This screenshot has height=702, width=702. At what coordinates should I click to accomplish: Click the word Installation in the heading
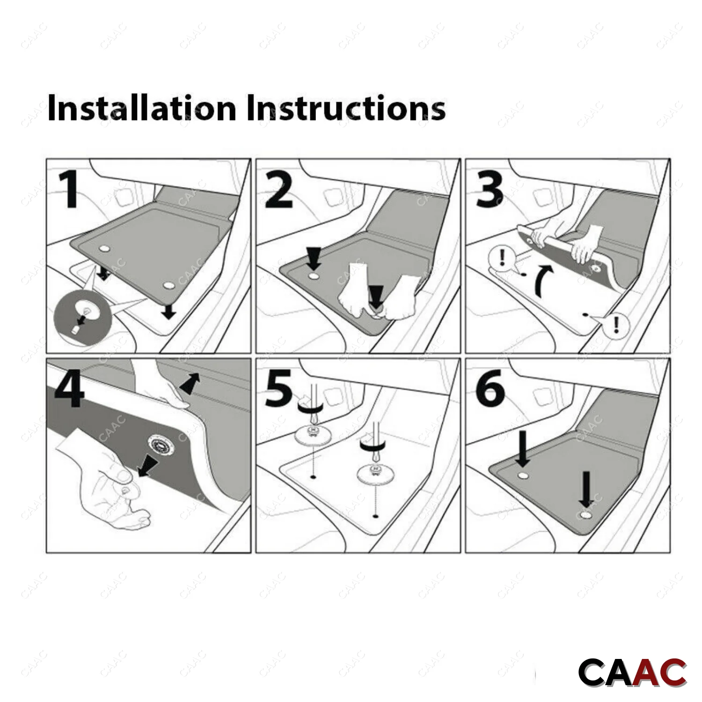pos(142,108)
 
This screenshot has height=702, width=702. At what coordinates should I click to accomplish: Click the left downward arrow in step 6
pos(523,448)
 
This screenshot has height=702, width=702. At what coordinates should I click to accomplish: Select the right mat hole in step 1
pos(168,285)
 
